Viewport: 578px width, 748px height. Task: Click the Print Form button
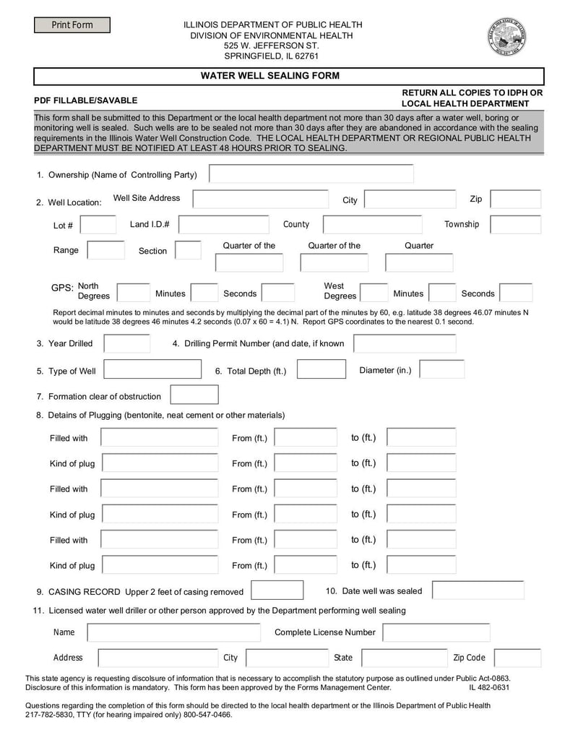tap(72, 25)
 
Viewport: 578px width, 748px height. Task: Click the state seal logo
tap(506, 37)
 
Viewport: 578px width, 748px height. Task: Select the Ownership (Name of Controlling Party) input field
tap(311, 174)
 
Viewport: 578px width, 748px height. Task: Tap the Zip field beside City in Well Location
tap(516, 199)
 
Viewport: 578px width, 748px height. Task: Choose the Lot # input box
tap(98, 225)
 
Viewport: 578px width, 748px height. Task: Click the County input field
tap(371, 225)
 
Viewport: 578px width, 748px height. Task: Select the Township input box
tap(516, 225)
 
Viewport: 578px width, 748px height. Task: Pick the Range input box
tap(105, 250)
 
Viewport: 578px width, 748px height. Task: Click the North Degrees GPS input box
tap(134, 293)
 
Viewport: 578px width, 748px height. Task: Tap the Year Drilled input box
tap(127, 343)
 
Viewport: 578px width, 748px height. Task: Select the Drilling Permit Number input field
tap(405, 343)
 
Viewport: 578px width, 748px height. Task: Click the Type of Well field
tap(152, 369)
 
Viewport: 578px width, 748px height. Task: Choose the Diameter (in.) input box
tap(441, 369)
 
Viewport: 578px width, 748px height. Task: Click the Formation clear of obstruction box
tap(194, 395)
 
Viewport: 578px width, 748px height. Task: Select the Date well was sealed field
tap(468, 590)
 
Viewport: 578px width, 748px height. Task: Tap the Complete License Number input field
tap(436, 633)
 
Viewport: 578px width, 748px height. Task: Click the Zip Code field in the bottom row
tap(517, 658)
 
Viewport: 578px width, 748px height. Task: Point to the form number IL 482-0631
tap(489, 688)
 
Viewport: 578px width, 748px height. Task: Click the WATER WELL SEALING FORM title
tap(269, 76)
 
